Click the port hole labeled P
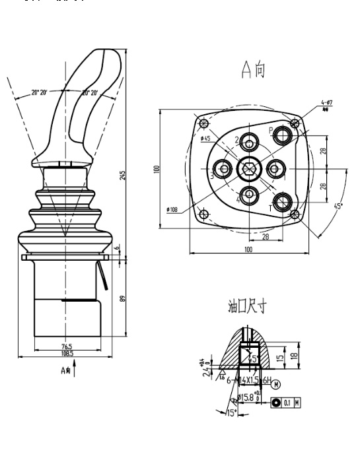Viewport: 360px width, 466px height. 283,135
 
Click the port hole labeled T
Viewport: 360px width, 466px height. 283,202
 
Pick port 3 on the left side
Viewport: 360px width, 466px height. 224,169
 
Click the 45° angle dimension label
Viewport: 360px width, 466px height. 339,206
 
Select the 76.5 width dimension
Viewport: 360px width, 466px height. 66,345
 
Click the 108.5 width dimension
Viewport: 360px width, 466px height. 66,354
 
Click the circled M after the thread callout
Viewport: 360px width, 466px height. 275,383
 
